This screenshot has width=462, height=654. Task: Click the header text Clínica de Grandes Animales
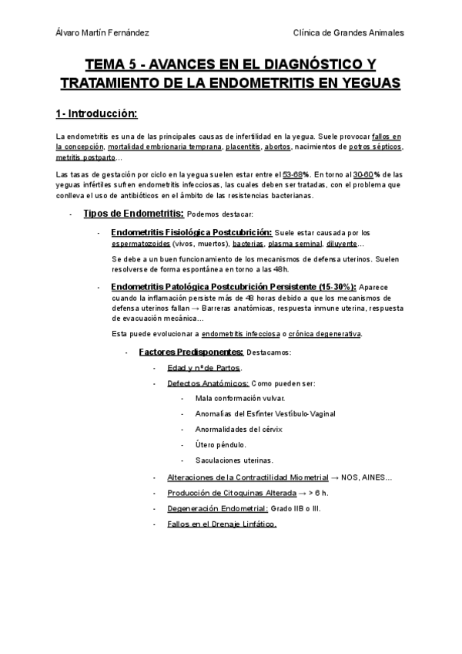349,32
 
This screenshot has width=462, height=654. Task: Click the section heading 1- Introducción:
96,114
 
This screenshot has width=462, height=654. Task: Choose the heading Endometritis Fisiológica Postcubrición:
191,232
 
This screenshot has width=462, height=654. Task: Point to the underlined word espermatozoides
141,244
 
